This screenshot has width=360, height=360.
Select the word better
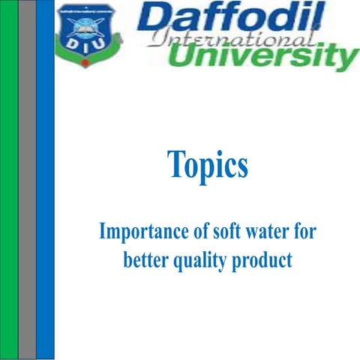click(145, 261)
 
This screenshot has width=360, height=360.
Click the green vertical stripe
click(9, 180)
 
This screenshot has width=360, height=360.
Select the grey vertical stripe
click(27, 180)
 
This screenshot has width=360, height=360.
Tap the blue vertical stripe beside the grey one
click(45, 180)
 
